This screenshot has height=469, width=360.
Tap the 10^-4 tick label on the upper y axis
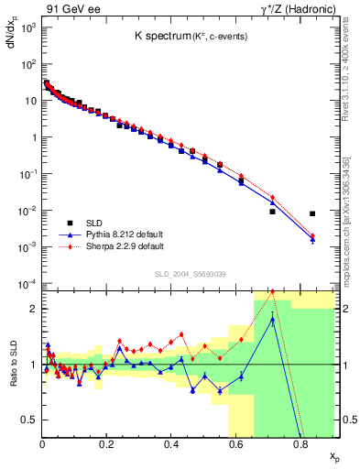point(27,283)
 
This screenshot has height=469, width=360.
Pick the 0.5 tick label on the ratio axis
point(29,420)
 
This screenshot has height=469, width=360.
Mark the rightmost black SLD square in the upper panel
point(312,213)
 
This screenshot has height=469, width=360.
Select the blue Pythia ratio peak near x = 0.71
point(273,319)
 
